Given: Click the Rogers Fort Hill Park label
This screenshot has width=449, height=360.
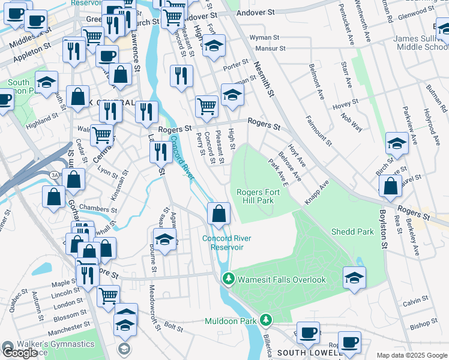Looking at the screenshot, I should pyautogui.click(x=259, y=196).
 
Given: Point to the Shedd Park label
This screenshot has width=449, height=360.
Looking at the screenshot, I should pyautogui.click(x=352, y=231).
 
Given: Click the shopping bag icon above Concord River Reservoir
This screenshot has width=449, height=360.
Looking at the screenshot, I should pyautogui.click(x=219, y=213).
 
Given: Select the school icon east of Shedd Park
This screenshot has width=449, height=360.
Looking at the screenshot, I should pyautogui.click(x=354, y=277).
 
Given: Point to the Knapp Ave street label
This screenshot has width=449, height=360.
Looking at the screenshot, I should pyautogui.click(x=316, y=192).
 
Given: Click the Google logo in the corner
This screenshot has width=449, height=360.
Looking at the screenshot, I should pyautogui.click(x=20, y=352).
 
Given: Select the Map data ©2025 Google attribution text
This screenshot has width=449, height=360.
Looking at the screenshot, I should pyautogui.click(x=411, y=355).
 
